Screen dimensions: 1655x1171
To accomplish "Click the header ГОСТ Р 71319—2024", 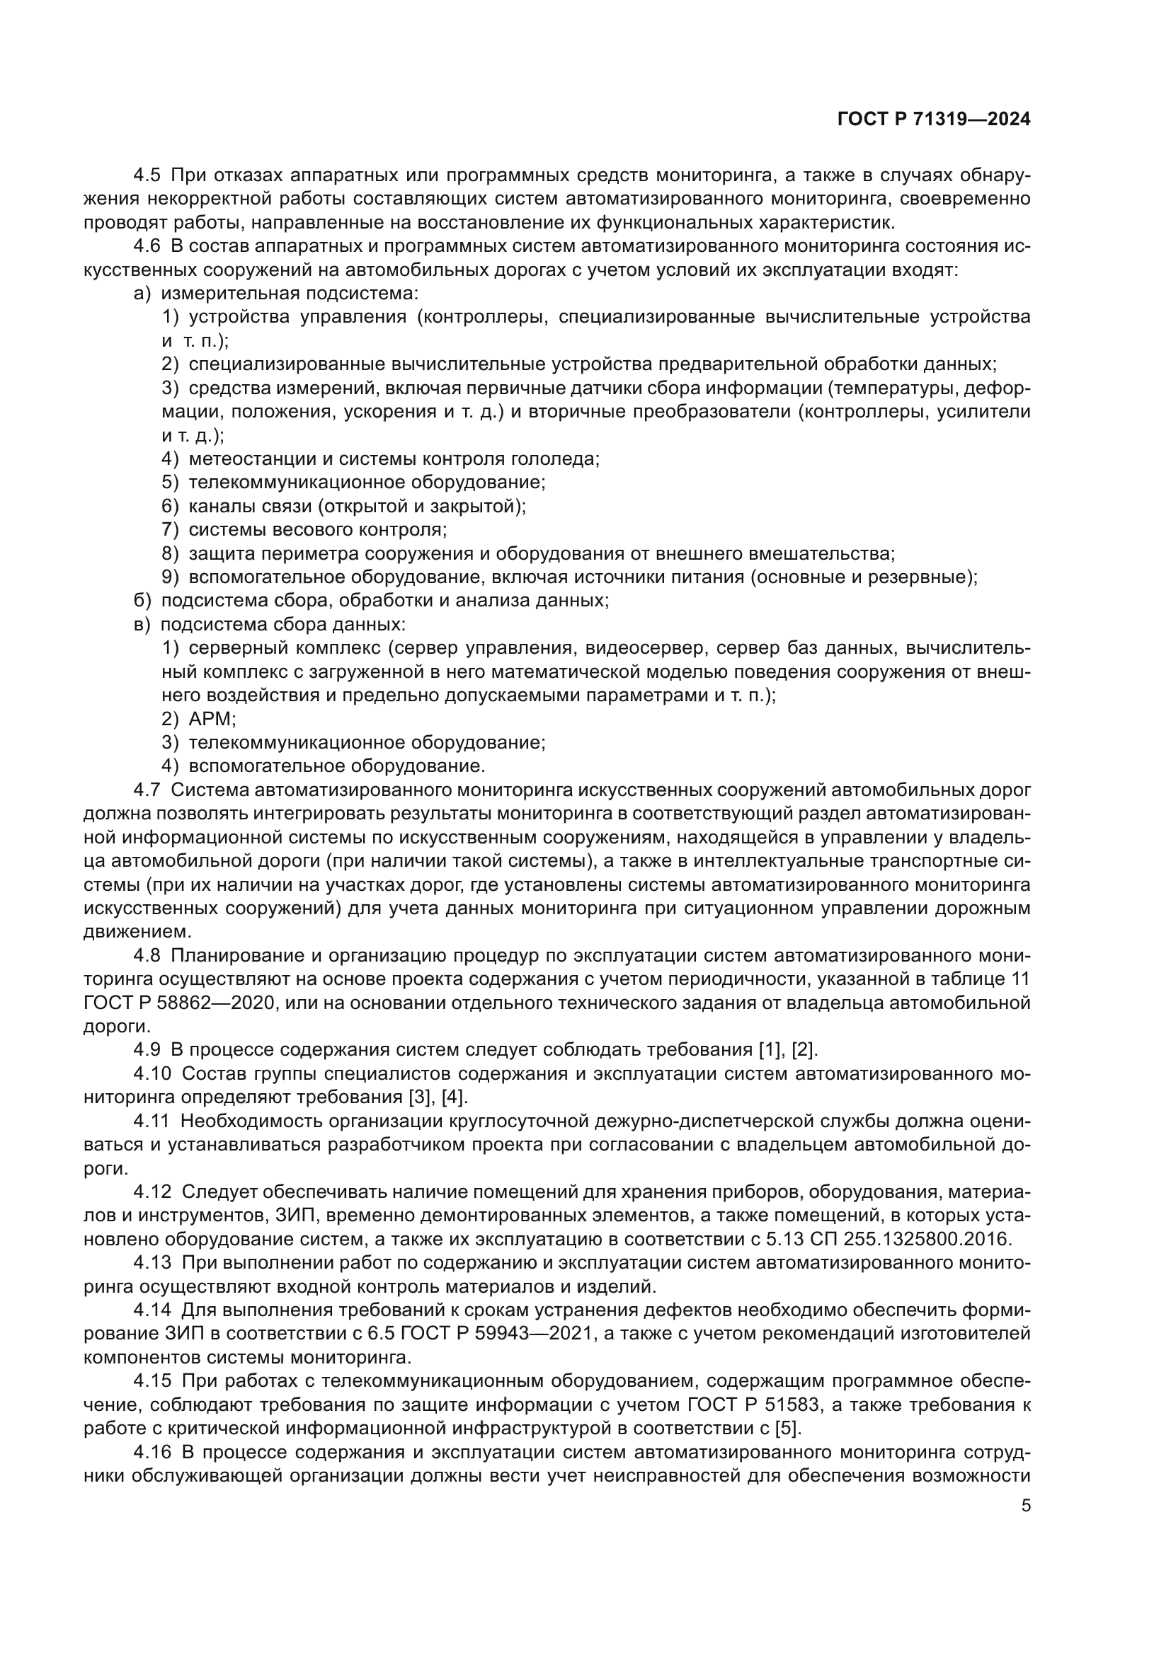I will pos(933,120).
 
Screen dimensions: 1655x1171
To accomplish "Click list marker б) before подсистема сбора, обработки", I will pos(142,601).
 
